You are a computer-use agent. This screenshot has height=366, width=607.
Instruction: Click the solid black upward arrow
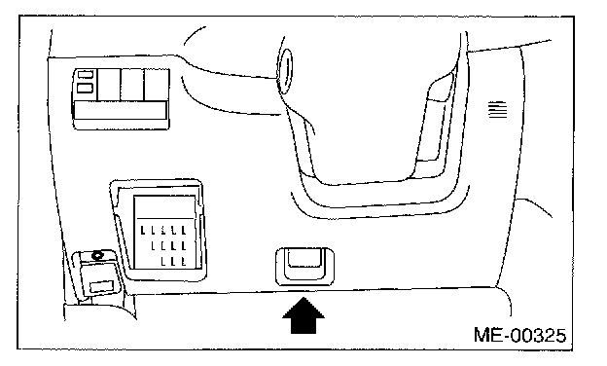click(303, 315)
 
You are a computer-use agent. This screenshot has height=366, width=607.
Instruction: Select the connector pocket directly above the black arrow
click(304, 266)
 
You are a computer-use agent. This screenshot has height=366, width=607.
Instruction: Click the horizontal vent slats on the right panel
click(497, 109)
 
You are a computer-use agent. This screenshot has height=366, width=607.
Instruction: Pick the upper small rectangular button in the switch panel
click(86, 74)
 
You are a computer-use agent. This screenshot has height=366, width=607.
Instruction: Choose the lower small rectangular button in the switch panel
click(86, 88)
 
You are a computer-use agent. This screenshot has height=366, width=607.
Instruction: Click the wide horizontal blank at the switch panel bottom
click(120, 110)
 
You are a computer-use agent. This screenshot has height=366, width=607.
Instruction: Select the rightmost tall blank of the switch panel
click(157, 85)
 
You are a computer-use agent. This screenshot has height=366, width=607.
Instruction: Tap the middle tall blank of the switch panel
click(132, 85)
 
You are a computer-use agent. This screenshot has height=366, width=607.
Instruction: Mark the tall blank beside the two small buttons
click(108, 85)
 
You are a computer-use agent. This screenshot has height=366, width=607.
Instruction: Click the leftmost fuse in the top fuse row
click(143, 231)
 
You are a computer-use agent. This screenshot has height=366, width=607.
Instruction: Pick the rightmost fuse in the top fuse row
click(184, 231)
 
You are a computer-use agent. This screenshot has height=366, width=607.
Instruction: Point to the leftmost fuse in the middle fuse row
click(154, 245)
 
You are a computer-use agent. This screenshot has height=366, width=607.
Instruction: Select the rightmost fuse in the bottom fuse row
click(184, 261)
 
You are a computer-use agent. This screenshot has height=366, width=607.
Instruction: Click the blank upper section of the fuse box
click(164, 206)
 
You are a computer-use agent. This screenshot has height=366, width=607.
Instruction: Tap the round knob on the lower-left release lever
click(96, 256)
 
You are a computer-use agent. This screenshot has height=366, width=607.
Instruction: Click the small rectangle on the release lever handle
click(101, 287)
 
